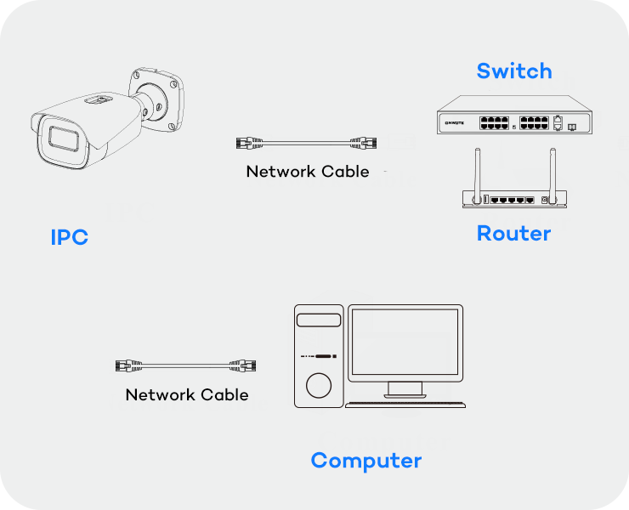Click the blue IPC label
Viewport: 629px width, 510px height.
69,237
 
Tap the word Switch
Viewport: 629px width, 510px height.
513,71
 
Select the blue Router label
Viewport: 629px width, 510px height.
513,233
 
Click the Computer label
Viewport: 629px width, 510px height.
365,461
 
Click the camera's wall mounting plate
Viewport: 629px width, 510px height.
156,97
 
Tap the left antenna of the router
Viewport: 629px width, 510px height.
477,175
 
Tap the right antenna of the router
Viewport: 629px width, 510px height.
552,175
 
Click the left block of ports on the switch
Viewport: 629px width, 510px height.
495,123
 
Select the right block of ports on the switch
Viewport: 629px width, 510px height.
533,123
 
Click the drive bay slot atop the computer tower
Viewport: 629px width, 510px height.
320,320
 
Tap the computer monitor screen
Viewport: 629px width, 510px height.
406,341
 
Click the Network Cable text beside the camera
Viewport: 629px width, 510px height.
308,172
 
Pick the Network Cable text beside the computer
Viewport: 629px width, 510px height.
187,395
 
